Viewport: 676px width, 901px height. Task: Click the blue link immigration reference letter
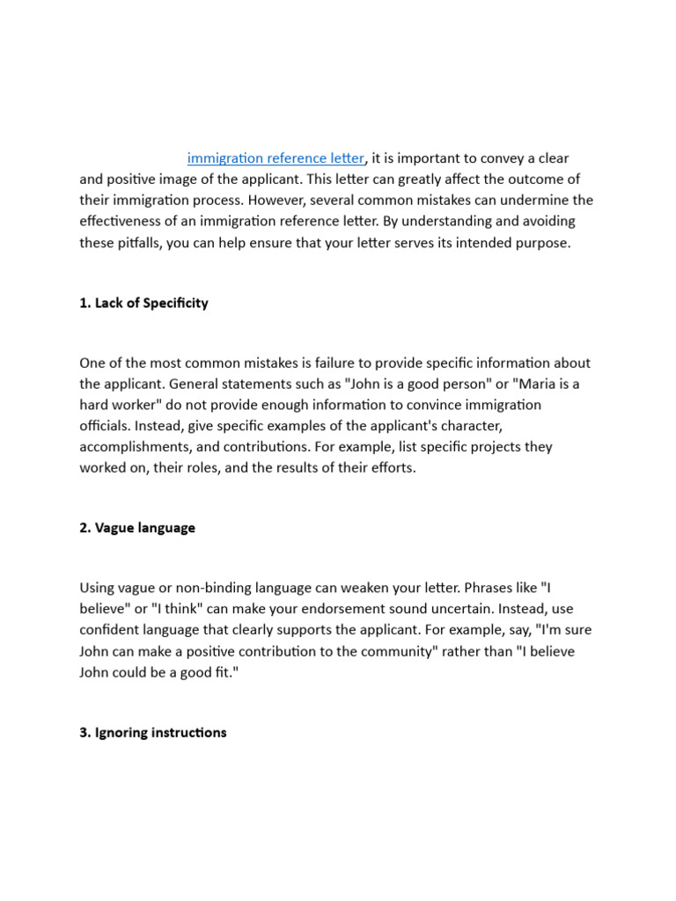click(276, 158)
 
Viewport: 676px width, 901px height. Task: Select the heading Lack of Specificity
click(143, 303)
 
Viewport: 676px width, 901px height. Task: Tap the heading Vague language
click(137, 528)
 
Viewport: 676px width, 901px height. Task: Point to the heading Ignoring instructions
click(152, 732)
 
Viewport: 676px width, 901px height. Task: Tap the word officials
click(106, 426)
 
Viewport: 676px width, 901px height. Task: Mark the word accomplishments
click(134, 447)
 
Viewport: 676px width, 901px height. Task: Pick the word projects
click(501, 447)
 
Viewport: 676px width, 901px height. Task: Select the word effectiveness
click(124, 222)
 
